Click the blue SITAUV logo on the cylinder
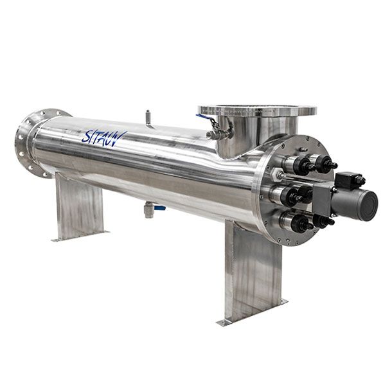coord(104,138)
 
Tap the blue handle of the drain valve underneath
coord(159,208)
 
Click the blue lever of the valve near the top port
coord(203,117)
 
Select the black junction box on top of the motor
coord(348,180)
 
